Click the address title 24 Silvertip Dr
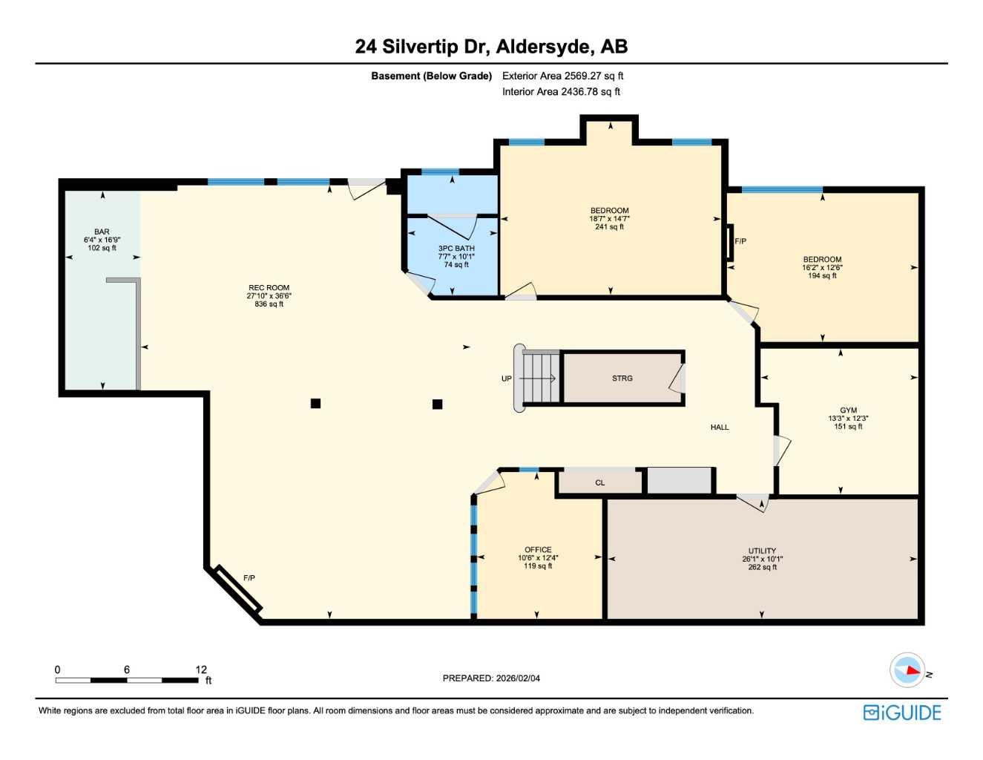pos(491,47)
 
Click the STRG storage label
pos(622,379)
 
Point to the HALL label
pos(720,427)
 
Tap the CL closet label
pos(599,483)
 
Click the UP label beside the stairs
pos(507,379)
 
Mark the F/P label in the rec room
pos(249,578)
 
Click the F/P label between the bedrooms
pos(740,241)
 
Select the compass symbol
pos(907,670)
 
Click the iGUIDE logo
pos(902,712)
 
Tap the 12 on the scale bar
pos(201,669)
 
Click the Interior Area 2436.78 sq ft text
pos(561,92)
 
